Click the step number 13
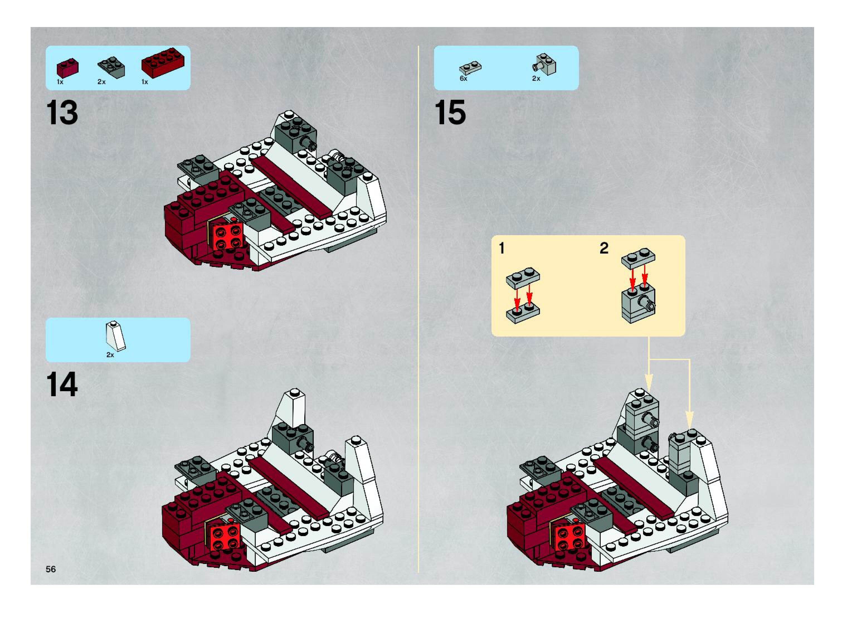tap(62, 113)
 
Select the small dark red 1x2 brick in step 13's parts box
tap(67, 68)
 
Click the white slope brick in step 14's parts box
tap(116, 336)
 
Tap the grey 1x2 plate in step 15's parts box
tap(470, 68)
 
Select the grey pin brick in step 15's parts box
tap(545, 64)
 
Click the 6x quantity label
tap(464, 79)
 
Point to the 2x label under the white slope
tap(110, 355)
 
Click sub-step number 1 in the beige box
tap(502, 248)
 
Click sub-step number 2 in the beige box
tap(604, 248)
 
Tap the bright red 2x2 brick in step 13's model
tap(226, 237)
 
